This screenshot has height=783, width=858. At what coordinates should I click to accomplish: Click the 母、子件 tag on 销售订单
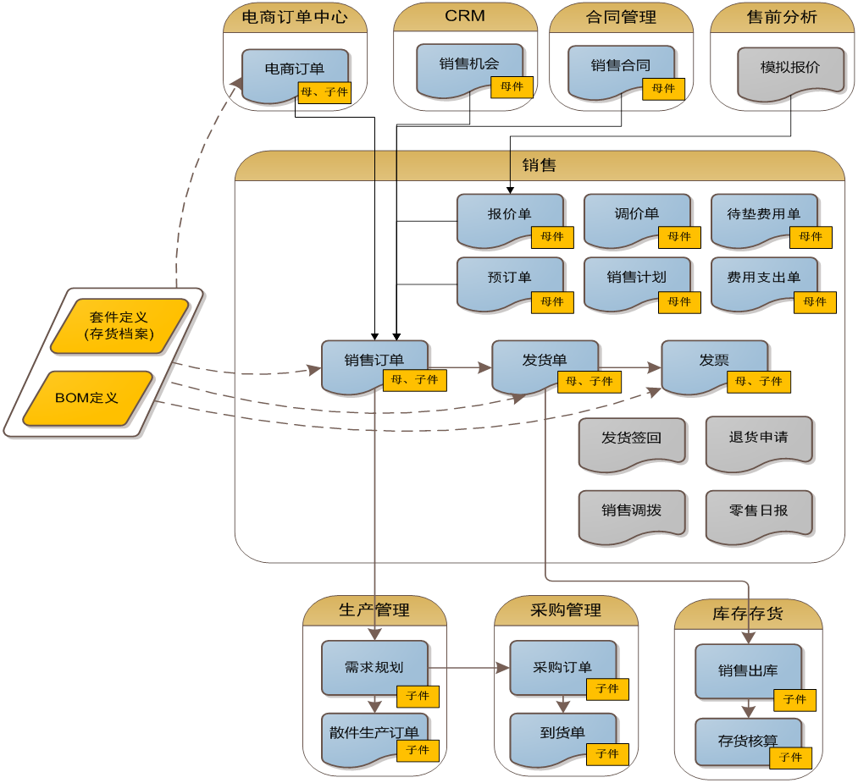pos(415,380)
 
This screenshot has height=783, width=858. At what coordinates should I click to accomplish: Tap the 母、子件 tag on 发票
pos(759,382)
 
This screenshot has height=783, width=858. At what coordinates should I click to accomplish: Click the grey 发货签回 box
pos(631,439)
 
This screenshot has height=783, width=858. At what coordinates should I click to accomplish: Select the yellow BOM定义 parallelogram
pos(87,398)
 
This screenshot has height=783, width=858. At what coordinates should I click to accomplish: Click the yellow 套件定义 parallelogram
pos(119,326)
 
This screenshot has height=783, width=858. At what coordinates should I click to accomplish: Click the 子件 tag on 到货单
pos(607,754)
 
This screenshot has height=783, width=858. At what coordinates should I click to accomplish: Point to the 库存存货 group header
pos(748,614)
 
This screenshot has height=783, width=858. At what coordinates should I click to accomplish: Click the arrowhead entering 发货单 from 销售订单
pos(485,367)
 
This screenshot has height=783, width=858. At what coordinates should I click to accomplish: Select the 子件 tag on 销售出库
pos(794,700)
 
